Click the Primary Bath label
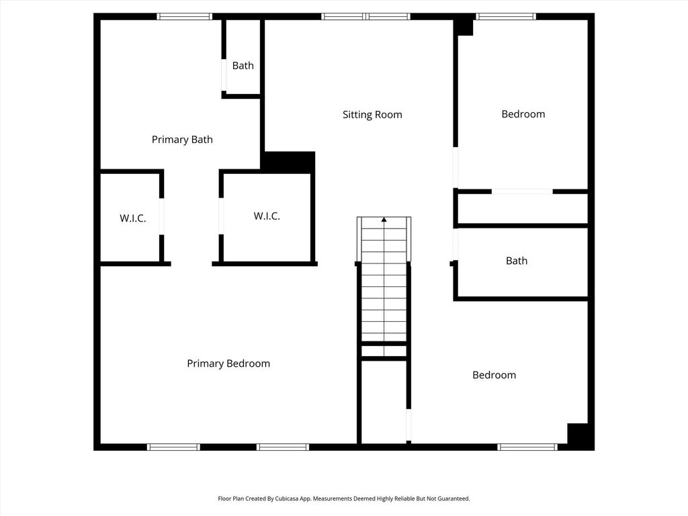point(182,140)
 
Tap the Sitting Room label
point(372,115)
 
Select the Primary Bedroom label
point(228,363)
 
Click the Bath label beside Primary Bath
point(243,66)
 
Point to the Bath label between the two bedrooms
point(517,261)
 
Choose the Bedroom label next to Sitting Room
point(523,114)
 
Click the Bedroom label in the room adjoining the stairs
point(494,375)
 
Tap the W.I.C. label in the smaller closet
point(132,218)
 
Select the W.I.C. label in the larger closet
point(267,216)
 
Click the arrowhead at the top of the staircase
point(384,220)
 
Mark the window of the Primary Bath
point(185,17)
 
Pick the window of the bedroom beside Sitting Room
point(506,17)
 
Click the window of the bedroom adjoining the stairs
point(527,447)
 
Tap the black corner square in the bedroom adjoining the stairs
point(577,433)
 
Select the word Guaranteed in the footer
point(455,499)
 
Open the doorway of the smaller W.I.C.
point(161,216)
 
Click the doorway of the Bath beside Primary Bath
point(224,75)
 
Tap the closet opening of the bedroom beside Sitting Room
point(522,191)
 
